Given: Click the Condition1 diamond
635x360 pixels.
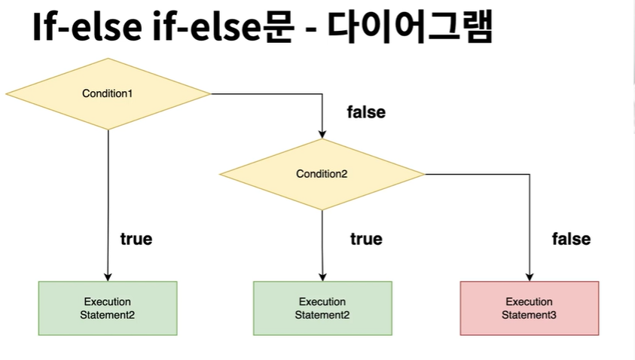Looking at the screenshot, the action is pyautogui.click(x=108, y=93).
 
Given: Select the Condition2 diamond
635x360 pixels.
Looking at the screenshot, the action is pyautogui.click(x=322, y=174).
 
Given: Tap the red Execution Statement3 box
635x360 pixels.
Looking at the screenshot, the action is pyautogui.click(x=529, y=308).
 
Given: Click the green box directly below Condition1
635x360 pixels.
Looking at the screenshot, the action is pyautogui.click(x=108, y=308).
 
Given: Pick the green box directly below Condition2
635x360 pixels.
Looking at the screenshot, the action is pyautogui.click(x=322, y=308).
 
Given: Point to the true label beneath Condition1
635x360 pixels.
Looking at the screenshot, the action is pyautogui.click(x=136, y=239).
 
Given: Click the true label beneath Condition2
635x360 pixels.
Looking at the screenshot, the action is pyautogui.click(x=366, y=239).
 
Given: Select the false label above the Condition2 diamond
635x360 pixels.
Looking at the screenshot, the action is pyautogui.click(x=366, y=112).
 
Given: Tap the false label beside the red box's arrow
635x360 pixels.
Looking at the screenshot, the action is pyautogui.click(x=571, y=239).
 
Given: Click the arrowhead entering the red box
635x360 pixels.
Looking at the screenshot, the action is pyautogui.click(x=529, y=276).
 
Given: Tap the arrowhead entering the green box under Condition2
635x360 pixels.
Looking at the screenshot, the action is pyautogui.click(x=322, y=276).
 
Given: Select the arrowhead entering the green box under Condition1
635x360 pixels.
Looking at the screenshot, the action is pyautogui.click(x=108, y=276).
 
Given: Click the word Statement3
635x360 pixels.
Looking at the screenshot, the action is pyautogui.click(x=529, y=315).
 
